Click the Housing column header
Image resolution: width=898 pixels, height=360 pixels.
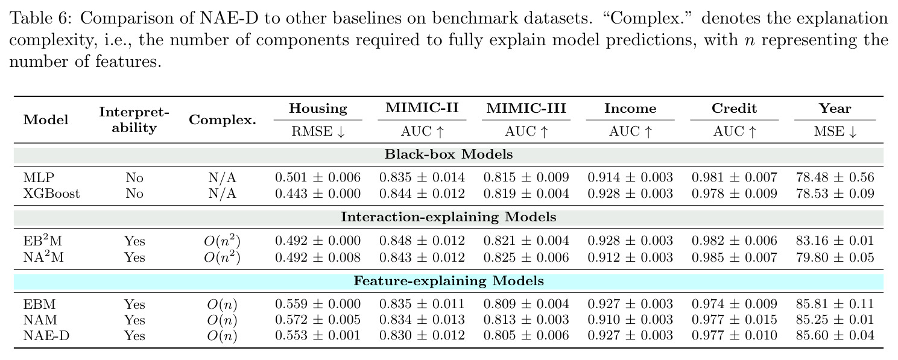click(x=318, y=109)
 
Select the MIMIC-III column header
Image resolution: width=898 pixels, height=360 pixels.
click(x=526, y=108)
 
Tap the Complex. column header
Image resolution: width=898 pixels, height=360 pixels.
click(x=223, y=120)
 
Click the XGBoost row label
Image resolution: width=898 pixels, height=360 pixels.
click(x=51, y=194)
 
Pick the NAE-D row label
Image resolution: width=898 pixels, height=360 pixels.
click(x=46, y=335)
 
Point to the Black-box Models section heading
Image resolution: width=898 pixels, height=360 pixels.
click(x=449, y=154)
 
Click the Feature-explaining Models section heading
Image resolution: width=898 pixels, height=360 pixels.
click(x=449, y=281)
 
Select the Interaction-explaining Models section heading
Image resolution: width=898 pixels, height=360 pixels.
click(x=449, y=217)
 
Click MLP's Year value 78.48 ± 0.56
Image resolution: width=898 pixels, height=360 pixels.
click(x=835, y=177)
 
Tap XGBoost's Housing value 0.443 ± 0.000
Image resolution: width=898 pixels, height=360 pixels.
click(x=318, y=194)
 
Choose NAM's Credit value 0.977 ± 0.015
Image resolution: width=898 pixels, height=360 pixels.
click(x=735, y=320)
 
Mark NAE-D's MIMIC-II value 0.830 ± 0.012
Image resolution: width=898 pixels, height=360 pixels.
click(x=422, y=335)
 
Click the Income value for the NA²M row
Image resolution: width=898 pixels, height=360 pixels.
click(x=630, y=257)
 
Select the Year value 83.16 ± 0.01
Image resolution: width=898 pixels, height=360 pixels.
click(x=835, y=241)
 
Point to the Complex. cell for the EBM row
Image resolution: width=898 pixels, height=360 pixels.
click(x=222, y=305)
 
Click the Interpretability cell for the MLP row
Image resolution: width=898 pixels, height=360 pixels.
click(x=134, y=177)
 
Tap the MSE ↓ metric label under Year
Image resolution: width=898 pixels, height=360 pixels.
click(x=835, y=131)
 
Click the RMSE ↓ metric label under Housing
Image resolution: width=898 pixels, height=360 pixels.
click(x=318, y=131)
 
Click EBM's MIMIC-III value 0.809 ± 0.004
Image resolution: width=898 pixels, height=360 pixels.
click(x=526, y=304)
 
